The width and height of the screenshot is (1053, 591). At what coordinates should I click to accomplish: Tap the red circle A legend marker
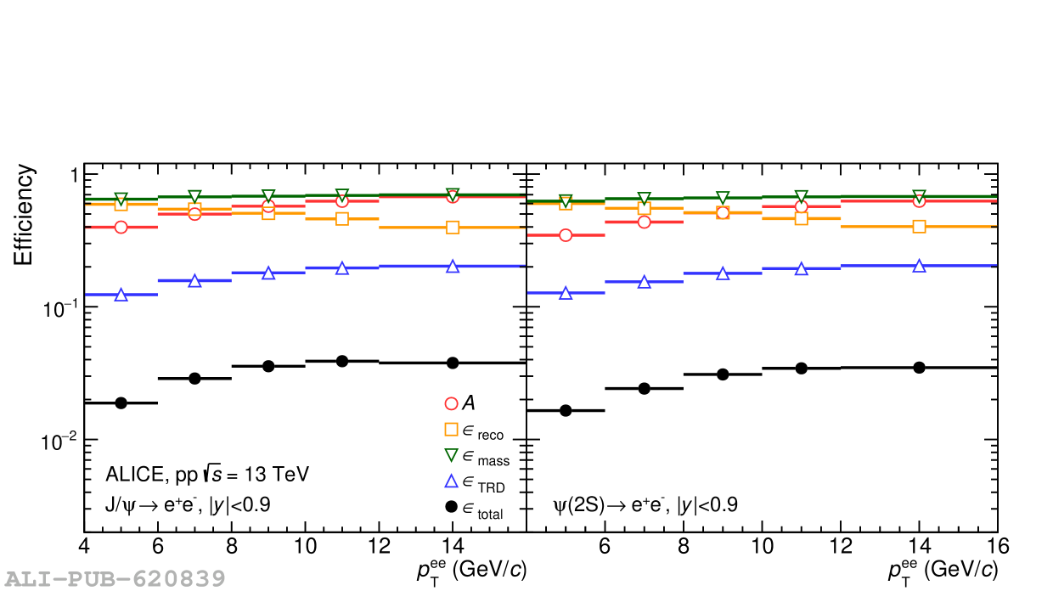[452, 403]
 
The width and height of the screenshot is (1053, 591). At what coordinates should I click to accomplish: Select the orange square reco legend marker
[452, 430]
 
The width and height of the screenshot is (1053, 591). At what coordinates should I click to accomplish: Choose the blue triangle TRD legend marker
[452, 481]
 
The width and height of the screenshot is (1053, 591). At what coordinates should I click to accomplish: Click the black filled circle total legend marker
[452, 508]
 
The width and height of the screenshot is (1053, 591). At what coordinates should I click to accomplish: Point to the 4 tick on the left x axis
[83, 544]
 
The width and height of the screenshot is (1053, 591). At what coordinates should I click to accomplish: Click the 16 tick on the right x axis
[997, 544]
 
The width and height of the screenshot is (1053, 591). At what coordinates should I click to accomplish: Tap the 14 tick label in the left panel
[453, 544]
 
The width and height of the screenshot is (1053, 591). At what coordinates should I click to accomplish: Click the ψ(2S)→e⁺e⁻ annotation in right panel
[645, 505]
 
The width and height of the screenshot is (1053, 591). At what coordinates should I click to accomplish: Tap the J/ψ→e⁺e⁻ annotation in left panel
[188, 505]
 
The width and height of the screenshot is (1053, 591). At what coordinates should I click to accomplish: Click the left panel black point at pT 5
[121, 402]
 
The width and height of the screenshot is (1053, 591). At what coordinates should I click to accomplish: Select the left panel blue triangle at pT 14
[453, 266]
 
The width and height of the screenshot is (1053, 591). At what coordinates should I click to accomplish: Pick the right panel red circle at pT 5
[565, 234]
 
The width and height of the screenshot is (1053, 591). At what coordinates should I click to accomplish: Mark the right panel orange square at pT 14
[919, 227]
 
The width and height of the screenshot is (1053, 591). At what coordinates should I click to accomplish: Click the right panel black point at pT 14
[919, 367]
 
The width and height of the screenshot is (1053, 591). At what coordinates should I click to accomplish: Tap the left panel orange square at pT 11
[342, 219]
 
